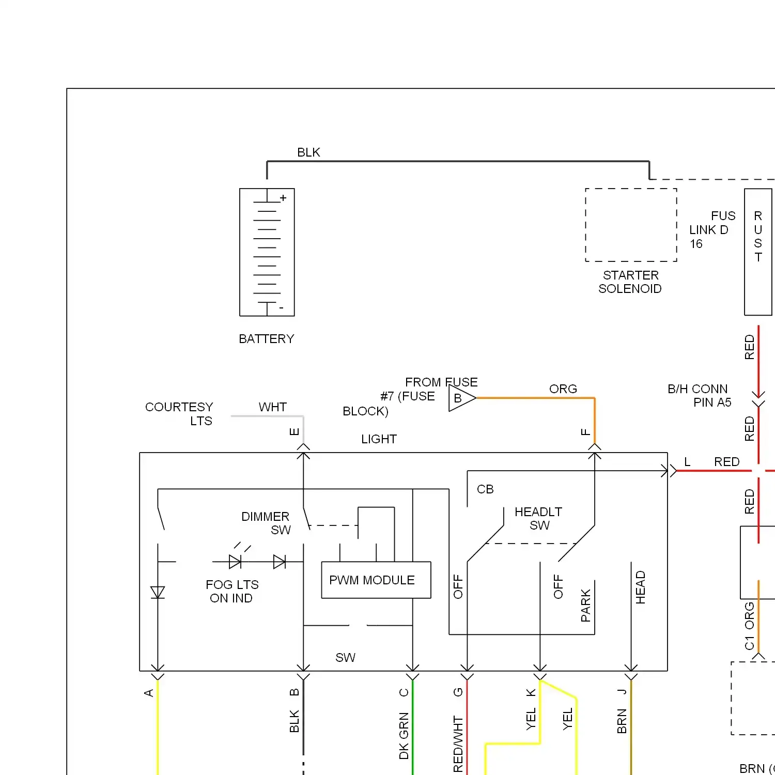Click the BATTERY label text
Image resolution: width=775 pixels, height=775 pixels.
click(266, 339)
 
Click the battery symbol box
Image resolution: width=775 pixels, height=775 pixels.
click(267, 252)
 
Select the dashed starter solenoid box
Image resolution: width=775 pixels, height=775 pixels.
click(631, 225)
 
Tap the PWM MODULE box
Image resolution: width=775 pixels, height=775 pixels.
click(376, 580)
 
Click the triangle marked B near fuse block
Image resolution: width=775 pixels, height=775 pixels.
click(460, 398)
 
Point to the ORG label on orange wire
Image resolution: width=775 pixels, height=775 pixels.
click(563, 389)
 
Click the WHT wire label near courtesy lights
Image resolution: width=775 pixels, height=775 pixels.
click(272, 407)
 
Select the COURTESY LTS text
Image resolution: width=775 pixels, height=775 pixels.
click(179, 414)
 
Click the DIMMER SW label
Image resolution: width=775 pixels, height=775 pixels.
click(266, 523)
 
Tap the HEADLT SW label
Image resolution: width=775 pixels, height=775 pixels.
click(538, 518)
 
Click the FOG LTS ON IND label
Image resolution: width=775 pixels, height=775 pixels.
click(231, 591)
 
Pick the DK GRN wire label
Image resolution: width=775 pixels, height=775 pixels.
click(404, 736)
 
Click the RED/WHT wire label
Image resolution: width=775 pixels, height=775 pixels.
click(458, 744)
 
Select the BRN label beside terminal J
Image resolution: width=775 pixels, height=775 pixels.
click(622, 721)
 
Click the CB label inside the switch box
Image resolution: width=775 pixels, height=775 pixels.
click(485, 489)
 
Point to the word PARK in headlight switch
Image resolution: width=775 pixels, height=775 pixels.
click(585, 605)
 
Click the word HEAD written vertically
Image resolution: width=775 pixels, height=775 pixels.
click(640, 587)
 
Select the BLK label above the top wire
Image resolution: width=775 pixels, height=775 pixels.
click(308, 152)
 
